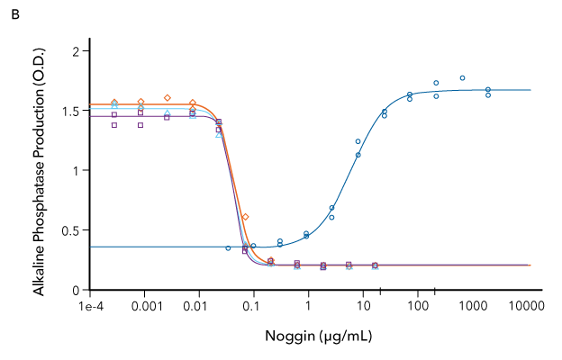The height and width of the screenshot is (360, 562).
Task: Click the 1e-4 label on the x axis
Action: (x=90, y=307)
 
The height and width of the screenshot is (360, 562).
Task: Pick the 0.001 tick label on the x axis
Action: (x=143, y=307)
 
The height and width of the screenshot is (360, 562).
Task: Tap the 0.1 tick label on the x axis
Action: (x=254, y=307)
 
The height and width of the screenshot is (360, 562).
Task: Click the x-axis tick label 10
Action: (x=363, y=307)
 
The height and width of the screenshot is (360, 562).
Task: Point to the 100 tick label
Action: (x=418, y=307)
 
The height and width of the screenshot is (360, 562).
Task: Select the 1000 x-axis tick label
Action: (x=472, y=307)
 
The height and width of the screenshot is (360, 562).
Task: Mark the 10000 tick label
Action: (x=525, y=307)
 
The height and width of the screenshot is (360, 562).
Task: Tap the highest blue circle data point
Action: (x=462, y=78)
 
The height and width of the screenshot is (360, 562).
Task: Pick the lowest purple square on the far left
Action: (x=114, y=125)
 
